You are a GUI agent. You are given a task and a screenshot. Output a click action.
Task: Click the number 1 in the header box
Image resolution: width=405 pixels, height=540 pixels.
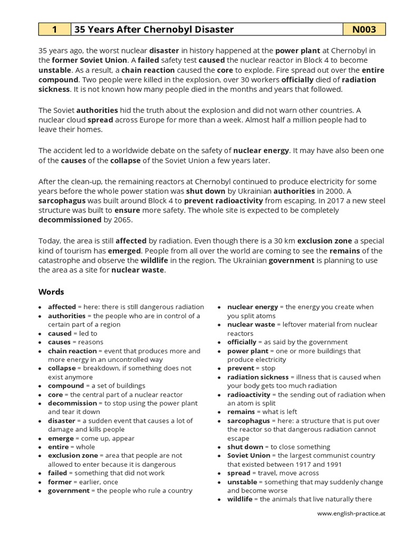pyautogui.click(x=54, y=30)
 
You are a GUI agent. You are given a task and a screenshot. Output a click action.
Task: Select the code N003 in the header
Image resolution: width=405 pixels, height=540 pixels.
pyautogui.click(x=364, y=30)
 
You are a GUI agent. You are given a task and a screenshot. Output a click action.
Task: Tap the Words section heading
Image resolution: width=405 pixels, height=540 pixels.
pyautogui.click(x=51, y=292)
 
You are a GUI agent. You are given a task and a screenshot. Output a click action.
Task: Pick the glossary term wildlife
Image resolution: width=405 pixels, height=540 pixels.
pyautogui.click(x=240, y=499)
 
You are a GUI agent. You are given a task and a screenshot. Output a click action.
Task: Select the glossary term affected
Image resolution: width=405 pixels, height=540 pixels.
pyautogui.click(x=62, y=307)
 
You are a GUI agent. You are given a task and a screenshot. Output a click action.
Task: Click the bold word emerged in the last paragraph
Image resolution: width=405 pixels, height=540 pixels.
pyautogui.click(x=125, y=250)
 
